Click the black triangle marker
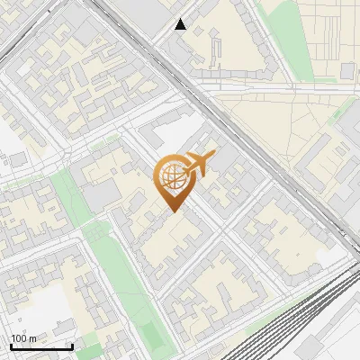click(181, 24)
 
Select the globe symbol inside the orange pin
click(172, 176)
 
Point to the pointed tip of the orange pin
click(173, 212)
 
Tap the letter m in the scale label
click(32, 339)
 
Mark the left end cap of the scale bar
click(11, 346)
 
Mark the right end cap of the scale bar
click(72, 346)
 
